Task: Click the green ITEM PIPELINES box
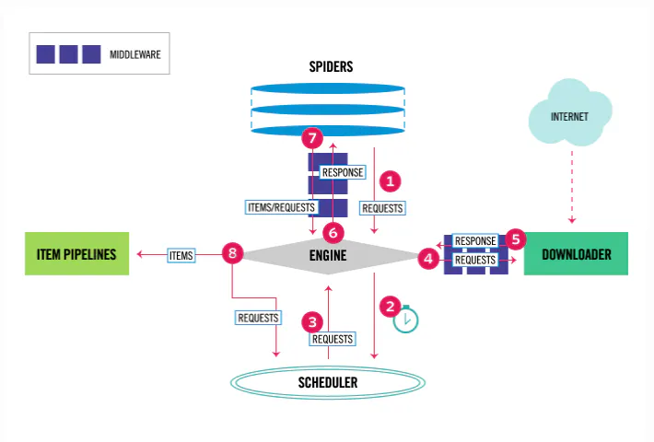[76, 253]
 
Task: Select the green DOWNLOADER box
[576, 254]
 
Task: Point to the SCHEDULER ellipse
[328, 381]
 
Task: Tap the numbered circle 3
[313, 322]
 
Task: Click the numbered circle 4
[428, 260]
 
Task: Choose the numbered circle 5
[516, 239]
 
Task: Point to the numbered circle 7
[313, 140]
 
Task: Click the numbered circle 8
[232, 254]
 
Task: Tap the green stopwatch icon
[406, 319]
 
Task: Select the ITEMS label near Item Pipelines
[181, 254]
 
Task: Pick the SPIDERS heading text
[331, 67]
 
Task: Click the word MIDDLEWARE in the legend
[135, 55]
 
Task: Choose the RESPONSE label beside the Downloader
[475, 241]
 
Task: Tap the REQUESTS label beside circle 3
[332, 339]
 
